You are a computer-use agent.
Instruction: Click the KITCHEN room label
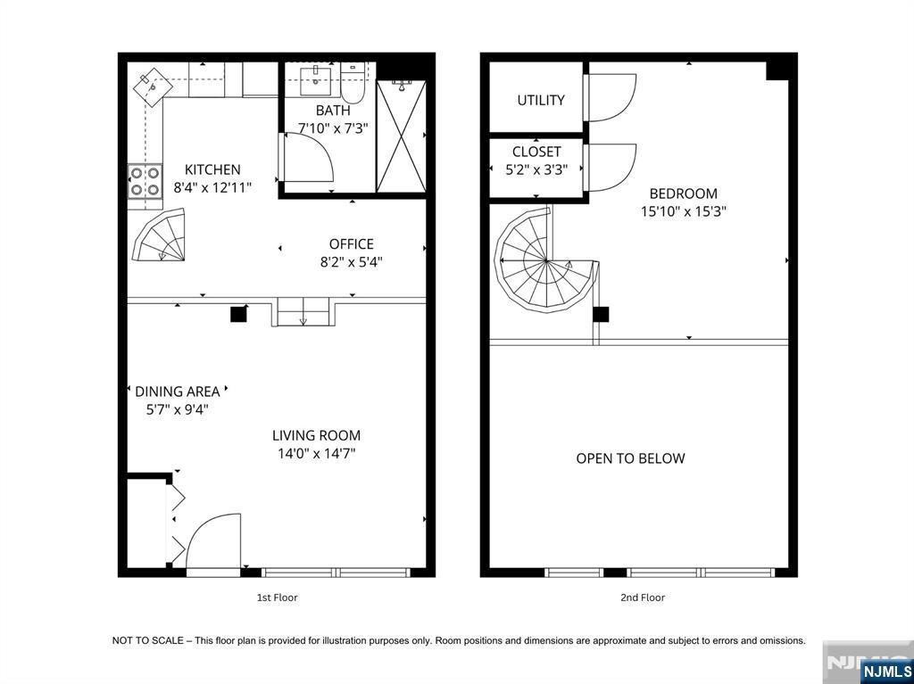[x=212, y=169]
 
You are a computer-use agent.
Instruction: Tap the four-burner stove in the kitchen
[x=145, y=181]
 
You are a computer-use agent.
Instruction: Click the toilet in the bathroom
[x=353, y=81]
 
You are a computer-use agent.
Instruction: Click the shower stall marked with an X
[x=401, y=136]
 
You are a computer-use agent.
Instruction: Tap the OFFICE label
[x=351, y=243]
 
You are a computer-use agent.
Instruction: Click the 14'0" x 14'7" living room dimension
[x=316, y=454]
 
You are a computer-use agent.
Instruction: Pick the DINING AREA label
[x=177, y=391]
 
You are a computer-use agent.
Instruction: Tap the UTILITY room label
[x=541, y=100]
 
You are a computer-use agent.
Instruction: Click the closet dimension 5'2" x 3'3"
[x=536, y=170]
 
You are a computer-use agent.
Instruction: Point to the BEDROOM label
[x=683, y=194]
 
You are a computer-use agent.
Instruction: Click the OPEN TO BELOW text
[x=630, y=458]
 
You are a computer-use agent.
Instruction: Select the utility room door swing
[x=610, y=97]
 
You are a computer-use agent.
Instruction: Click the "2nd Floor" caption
[x=643, y=597]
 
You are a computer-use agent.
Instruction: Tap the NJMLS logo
[x=885, y=671]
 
